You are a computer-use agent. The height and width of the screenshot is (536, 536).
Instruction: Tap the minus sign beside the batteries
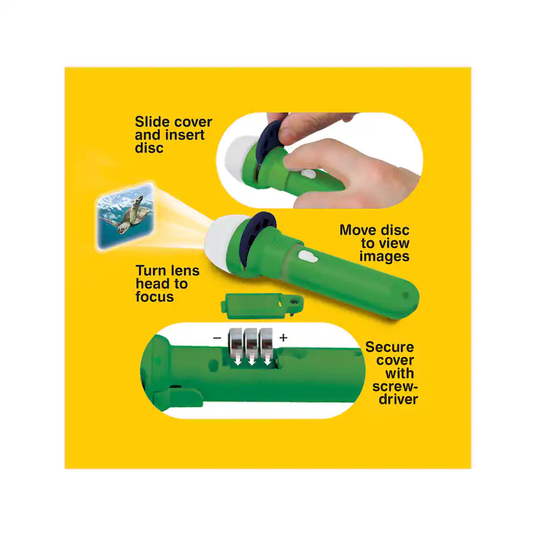(x=217, y=338)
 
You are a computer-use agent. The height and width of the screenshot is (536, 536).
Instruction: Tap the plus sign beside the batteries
(x=283, y=338)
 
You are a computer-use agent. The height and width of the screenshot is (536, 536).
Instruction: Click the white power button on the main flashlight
(x=308, y=257)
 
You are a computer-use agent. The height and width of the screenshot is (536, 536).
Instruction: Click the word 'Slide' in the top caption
(x=153, y=121)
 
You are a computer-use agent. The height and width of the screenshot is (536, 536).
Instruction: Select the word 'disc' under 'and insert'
(x=149, y=148)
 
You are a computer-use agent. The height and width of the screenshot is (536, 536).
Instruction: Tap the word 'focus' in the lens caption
(x=154, y=297)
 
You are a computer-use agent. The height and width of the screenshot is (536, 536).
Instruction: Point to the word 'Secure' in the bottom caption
(x=389, y=347)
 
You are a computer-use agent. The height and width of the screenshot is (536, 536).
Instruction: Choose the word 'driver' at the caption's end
(x=398, y=399)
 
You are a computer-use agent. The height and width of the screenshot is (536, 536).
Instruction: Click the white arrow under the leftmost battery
(x=236, y=359)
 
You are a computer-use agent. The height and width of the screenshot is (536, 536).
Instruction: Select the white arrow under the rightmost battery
(x=267, y=359)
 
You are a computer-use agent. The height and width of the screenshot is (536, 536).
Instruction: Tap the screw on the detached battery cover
(x=293, y=301)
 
